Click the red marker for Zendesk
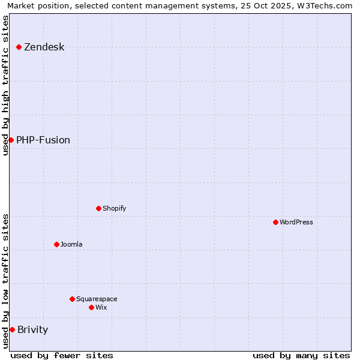[x=19, y=47]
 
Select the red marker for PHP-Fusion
[x=11, y=140]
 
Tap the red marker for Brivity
[x=12, y=329]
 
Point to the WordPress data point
[x=275, y=222]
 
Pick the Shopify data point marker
[x=98, y=208]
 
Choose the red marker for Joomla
[x=56, y=244]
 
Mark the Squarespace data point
[x=72, y=299]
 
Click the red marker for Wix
[x=91, y=307]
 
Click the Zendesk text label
[x=44, y=47]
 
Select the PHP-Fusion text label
[x=43, y=140]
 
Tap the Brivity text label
[x=33, y=330]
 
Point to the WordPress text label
[x=296, y=223]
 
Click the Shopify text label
[x=115, y=209]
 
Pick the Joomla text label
[x=71, y=245]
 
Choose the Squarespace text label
[x=97, y=299]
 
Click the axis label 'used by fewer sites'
[x=62, y=355]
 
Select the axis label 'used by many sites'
[x=301, y=355]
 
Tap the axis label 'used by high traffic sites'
[x=5, y=85]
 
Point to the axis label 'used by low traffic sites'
[x=5, y=281]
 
